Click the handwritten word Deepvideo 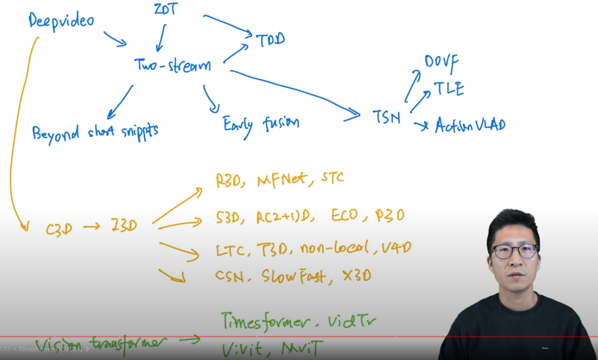[61, 21]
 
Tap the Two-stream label [172, 65]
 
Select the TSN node [386, 117]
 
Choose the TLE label [448, 89]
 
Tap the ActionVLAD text [470, 125]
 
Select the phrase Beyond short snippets [95, 131]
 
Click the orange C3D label [59, 228]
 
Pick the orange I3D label [123, 226]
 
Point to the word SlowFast [293, 276]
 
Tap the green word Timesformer [264, 320]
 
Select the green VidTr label [352, 320]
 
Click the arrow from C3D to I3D [91, 226]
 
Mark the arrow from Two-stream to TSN [294, 92]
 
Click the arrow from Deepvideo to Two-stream [115, 39]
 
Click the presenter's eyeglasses [515, 251]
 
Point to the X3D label [357, 276]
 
